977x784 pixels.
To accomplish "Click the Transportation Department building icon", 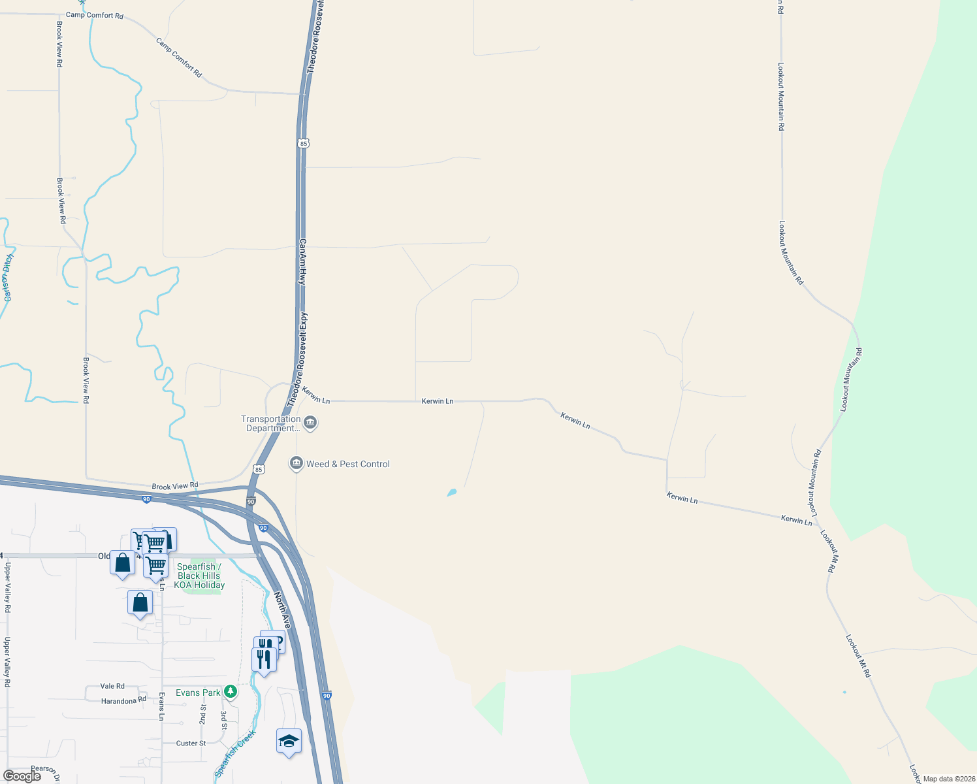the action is (311, 423).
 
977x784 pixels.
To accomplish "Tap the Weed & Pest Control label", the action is (348, 464).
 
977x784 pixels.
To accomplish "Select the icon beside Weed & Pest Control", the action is (296, 463).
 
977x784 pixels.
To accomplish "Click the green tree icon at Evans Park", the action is (230, 691).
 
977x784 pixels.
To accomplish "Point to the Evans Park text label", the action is (198, 693).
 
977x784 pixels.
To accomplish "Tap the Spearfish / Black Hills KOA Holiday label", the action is (199, 576).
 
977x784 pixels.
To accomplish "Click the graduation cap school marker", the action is (289, 742).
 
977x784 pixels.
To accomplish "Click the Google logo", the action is (22, 776).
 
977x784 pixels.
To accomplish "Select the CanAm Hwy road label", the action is (302, 261).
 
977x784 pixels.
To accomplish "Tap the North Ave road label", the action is (281, 610).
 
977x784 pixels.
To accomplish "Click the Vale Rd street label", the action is (112, 686).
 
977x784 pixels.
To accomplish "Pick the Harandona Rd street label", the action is (123, 701).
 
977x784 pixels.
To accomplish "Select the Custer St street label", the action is (191, 743).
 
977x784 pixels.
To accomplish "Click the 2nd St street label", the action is (203, 715).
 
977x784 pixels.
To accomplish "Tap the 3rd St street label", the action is (224, 720).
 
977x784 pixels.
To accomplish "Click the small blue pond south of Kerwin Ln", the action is (451, 492).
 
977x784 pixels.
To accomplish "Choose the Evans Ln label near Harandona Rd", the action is (161, 706).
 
